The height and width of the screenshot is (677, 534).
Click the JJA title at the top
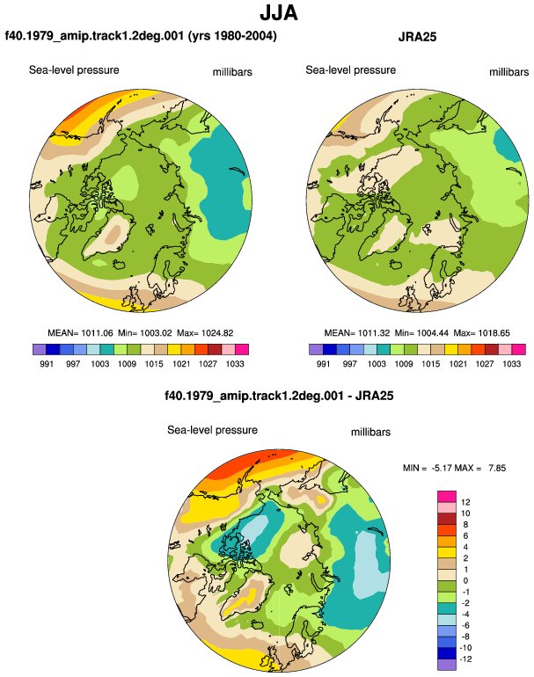tap(279, 12)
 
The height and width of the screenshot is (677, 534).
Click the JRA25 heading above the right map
tap(417, 37)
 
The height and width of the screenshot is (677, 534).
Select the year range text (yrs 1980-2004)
tap(232, 35)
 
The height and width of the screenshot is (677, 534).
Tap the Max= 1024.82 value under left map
tap(205, 333)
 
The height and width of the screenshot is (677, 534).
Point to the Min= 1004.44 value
tap(421, 333)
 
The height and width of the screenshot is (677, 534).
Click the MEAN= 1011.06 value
tap(80, 333)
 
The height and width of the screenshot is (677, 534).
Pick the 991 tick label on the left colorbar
tap(47, 363)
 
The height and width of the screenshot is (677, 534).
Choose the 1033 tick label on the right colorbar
tap(511, 363)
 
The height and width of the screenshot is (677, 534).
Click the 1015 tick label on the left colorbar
tap(154, 363)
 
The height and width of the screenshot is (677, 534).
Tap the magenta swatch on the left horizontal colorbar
tap(242, 349)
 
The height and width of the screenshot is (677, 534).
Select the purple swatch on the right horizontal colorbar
tap(316, 349)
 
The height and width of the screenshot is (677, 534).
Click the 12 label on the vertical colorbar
tap(465, 502)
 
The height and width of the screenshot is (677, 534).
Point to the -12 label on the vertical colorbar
tap(465, 659)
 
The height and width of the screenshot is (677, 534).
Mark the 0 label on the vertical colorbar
tap(465, 580)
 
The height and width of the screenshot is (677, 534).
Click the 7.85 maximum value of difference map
tap(497, 468)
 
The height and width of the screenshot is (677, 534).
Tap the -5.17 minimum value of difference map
tap(440, 468)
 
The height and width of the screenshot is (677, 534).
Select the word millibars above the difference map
tap(370, 433)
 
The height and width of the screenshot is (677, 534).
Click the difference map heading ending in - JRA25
tap(279, 396)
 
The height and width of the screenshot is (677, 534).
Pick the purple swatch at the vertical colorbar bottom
tap(447, 665)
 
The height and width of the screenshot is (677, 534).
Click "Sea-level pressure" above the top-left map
tap(74, 70)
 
